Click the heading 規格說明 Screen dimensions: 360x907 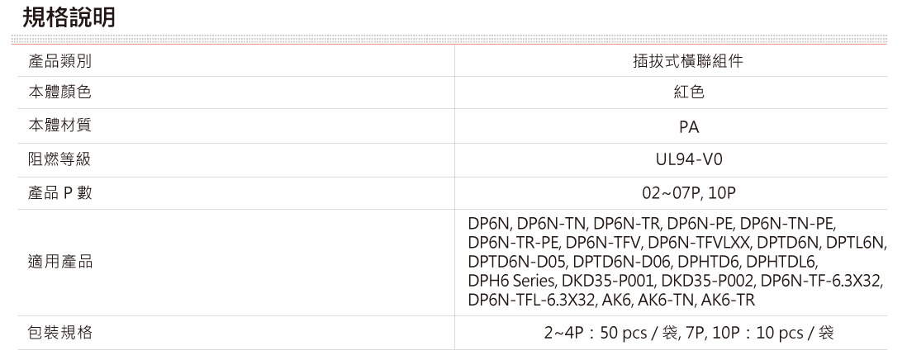click(x=68, y=17)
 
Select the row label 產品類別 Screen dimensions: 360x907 click(x=59, y=61)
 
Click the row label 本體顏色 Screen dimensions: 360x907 click(x=59, y=93)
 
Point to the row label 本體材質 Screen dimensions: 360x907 click(x=59, y=126)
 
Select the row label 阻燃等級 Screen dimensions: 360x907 click(x=59, y=159)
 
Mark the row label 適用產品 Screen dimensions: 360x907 click(x=59, y=262)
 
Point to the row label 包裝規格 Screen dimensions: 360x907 click(x=59, y=333)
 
